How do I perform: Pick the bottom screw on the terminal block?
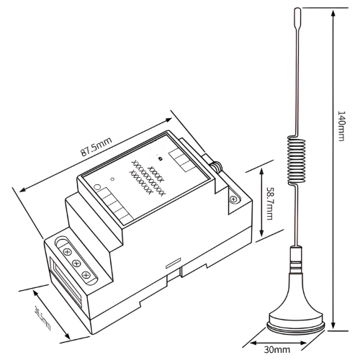86,276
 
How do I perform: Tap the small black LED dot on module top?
159,157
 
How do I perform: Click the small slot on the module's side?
171,263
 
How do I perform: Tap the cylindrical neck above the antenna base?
293,259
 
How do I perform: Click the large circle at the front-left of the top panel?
98,189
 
